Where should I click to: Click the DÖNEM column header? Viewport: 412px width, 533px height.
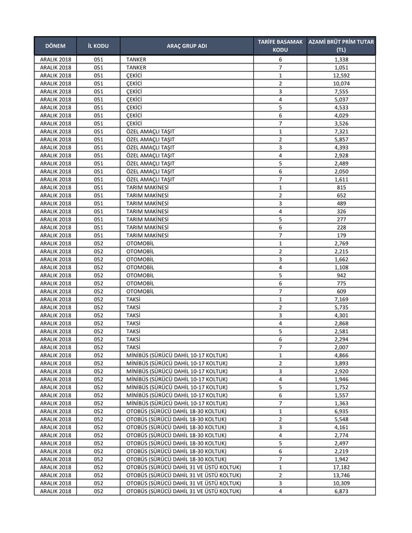pyautogui.click(x=55, y=46)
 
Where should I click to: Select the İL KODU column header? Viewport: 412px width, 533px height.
pyautogui.click(x=98, y=46)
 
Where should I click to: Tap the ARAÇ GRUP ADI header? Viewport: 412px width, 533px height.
pyautogui.click(x=187, y=46)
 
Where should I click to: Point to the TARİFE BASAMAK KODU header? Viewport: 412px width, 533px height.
pyautogui.click(x=280, y=46)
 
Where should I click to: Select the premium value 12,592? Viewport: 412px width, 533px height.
pyautogui.click(x=341, y=76)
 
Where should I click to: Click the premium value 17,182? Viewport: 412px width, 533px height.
pyautogui.click(x=341, y=468)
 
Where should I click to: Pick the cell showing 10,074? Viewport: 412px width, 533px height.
pyautogui.click(x=341, y=83)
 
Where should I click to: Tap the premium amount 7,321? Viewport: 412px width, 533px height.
pyautogui.click(x=341, y=131)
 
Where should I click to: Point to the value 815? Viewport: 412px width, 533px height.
pyautogui.click(x=341, y=187)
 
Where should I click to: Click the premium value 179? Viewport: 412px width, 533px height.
pyautogui.click(x=341, y=235)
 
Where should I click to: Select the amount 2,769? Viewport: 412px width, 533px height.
pyautogui.click(x=341, y=244)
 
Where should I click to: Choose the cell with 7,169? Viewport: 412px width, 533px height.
pyautogui.click(x=341, y=299)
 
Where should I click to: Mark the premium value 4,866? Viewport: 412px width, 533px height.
pyautogui.click(x=341, y=355)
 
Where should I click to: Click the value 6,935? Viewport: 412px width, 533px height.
pyautogui.click(x=341, y=411)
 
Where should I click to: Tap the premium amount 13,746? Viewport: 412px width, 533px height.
pyautogui.click(x=341, y=475)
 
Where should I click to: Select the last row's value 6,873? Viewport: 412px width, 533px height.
pyautogui.click(x=341, y=491)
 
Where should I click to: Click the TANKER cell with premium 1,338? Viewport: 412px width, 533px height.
pyautogui.click(x=136, y=59)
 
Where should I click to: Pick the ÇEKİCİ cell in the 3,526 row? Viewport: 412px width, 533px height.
pyautogui.click(x=134, y=123)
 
